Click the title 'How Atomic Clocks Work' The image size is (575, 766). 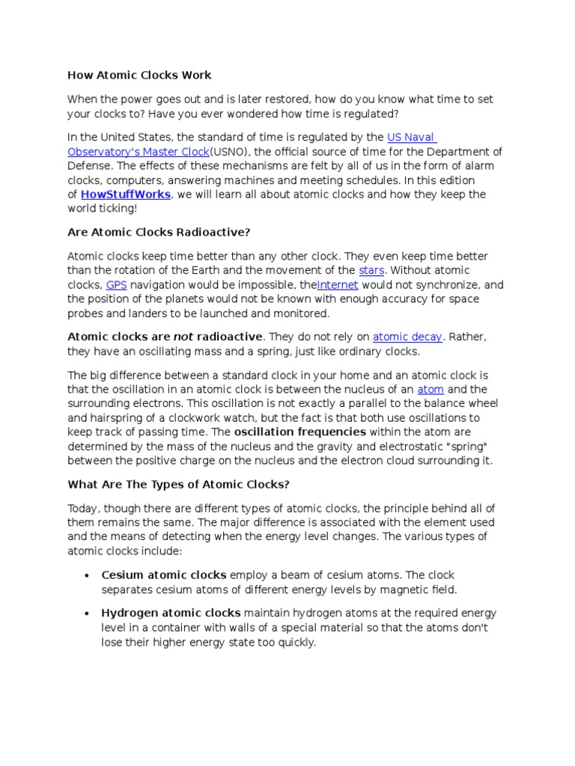139,75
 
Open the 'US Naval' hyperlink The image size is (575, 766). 412,137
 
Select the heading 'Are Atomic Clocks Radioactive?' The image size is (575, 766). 158,232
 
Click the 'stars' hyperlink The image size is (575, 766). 371,270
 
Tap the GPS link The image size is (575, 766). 116,285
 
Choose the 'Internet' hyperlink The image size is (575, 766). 338,285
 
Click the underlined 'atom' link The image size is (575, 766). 431,389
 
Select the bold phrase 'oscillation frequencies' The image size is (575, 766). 299,432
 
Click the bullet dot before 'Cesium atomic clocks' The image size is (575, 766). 86,575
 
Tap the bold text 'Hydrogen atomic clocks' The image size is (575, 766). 171,613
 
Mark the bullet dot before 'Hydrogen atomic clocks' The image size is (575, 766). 86,613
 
